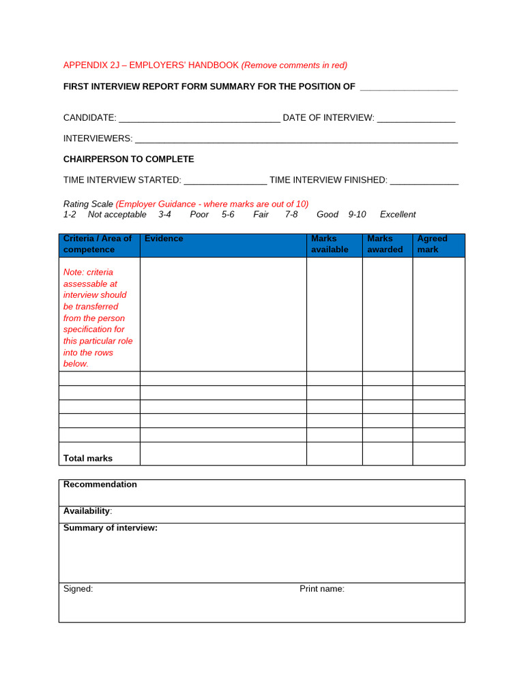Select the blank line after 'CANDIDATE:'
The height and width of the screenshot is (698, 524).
pos(199,119)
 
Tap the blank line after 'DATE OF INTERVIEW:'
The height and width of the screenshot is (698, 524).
pos(416,119)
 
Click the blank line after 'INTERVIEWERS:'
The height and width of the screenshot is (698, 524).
pos(296,140)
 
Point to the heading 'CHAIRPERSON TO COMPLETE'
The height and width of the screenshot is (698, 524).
pos(128,160)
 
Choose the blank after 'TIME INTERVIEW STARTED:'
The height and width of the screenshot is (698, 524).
pos(225,181)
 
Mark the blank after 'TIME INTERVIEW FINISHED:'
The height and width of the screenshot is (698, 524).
pos(424,181)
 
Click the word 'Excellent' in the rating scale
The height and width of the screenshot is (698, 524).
pos(398,215)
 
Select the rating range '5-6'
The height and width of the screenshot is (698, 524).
pos(228,215)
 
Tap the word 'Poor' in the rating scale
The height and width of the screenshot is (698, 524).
pos(199,215)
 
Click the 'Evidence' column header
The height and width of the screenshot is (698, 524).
pos(164,239)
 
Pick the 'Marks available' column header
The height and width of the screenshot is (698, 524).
pos(330,244)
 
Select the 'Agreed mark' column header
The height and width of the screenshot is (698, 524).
pos(432,244)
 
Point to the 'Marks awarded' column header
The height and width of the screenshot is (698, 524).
pos(385,244)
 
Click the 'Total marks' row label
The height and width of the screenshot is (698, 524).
pos(88,459)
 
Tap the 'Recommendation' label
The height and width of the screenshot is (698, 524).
pos(100,485)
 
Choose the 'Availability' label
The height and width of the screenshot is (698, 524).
pos(87,511)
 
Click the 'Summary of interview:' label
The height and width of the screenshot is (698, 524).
pos(111,528)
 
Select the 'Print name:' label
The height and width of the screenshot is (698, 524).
pos(322,589)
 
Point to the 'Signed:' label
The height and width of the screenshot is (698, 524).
pos(78,589)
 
